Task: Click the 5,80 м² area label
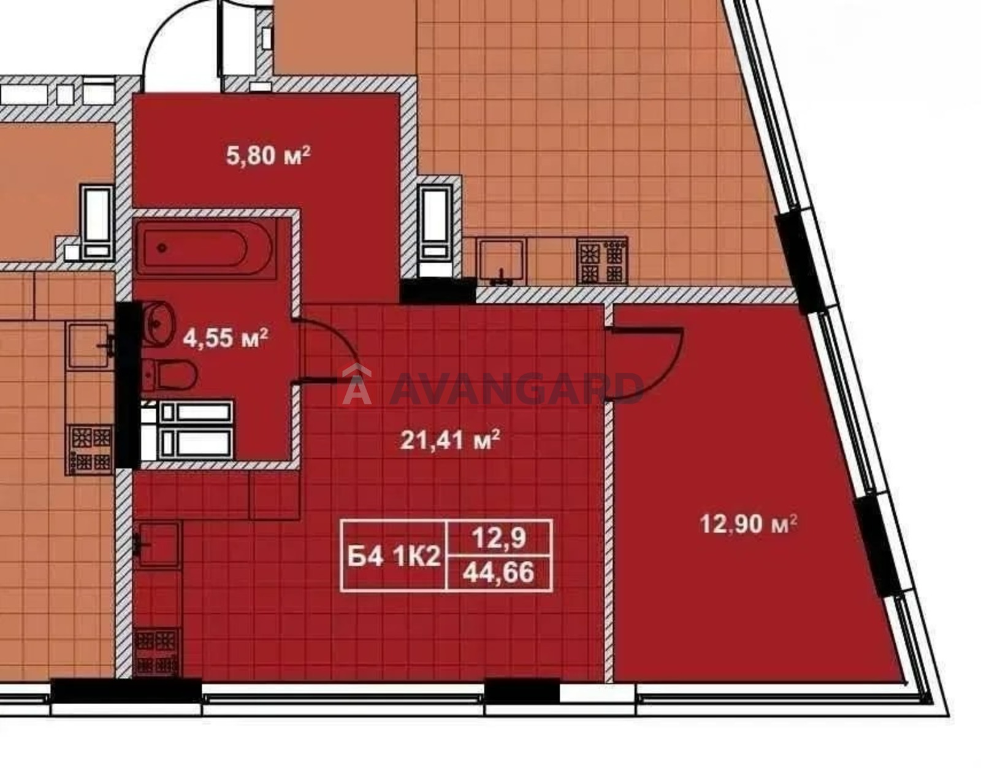pos(268,156)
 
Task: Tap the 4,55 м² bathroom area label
pos(225,337)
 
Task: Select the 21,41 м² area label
pos(450,440)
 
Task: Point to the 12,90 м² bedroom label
pos(748,524)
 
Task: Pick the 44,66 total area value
pos(499,573)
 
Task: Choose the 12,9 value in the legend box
pos(499,538)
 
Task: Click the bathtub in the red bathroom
pos(206,248)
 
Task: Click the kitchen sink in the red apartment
pos(158,545)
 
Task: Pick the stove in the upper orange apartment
pos(603,261)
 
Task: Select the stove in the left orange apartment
pos(90,449)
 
